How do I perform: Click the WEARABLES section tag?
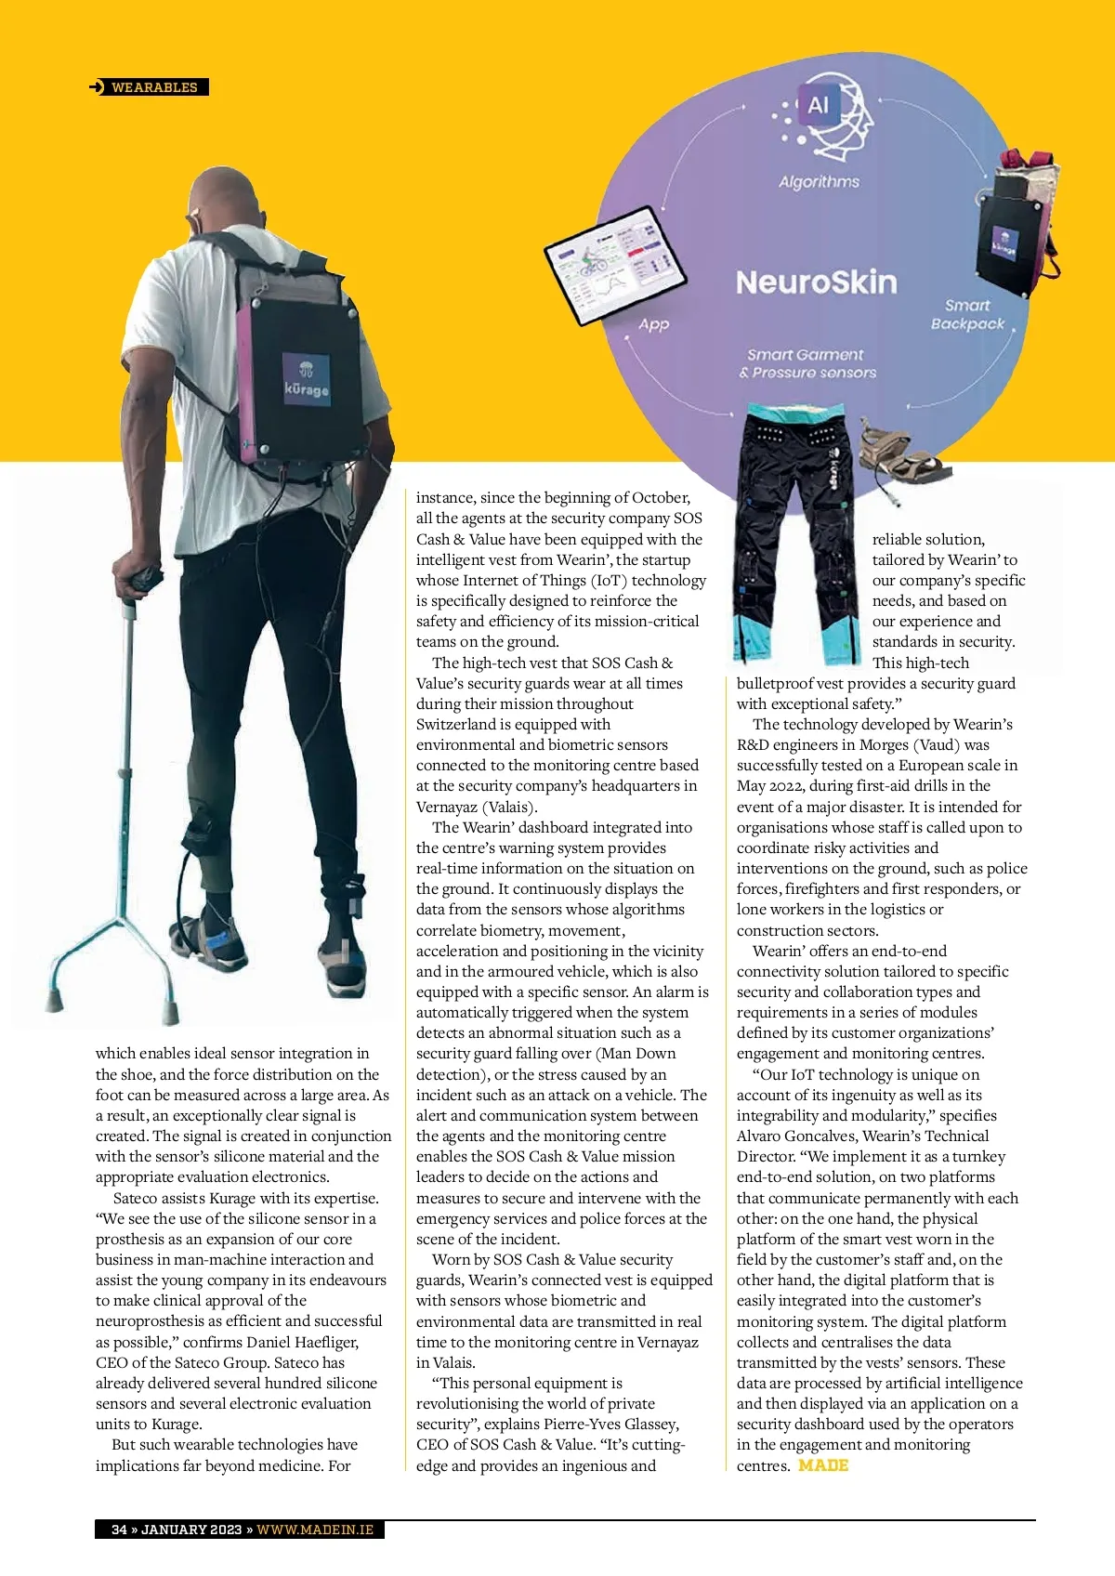pos(153,87)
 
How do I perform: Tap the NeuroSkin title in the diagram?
pos(816,282)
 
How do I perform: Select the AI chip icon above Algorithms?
pos(818,105)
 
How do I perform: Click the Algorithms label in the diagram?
pos(819,182)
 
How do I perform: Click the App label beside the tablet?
pos(653,324)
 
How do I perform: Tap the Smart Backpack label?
pos(967,314)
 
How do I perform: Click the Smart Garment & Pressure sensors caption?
pos(807,363)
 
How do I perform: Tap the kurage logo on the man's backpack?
pos(306,380)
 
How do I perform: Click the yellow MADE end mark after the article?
pos(823,1465)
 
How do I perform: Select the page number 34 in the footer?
pos(119,1530)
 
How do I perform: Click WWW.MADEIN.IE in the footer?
pos(315,1530)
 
